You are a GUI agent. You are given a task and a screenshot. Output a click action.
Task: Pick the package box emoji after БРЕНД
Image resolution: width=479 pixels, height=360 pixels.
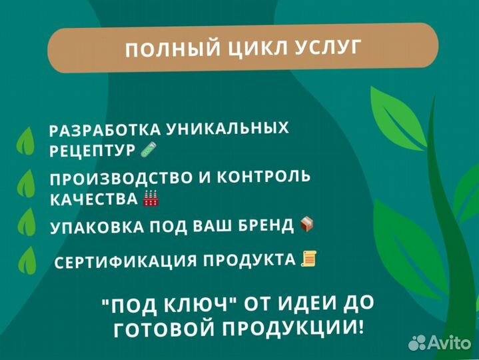click(x=307, y=223)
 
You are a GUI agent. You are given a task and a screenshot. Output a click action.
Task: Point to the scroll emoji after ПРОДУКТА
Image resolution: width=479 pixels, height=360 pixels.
click(x=308, y=258)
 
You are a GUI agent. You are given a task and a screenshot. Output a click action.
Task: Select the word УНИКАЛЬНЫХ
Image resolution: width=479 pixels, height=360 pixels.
click(x=227, y=127)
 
